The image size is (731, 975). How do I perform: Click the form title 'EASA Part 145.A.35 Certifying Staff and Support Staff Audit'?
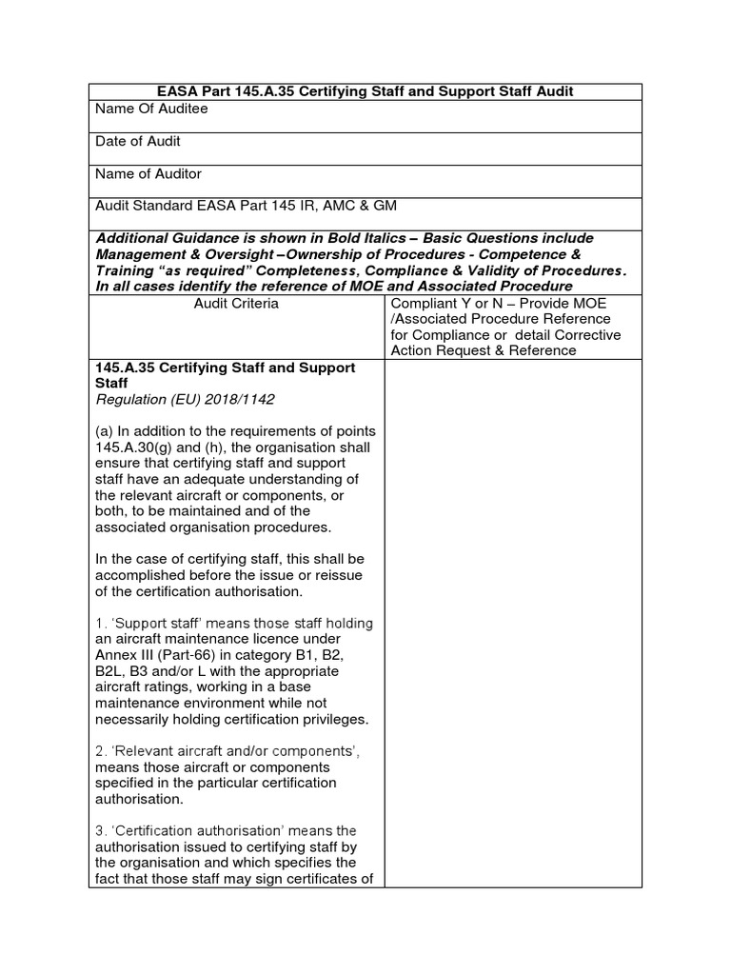click(365, 91)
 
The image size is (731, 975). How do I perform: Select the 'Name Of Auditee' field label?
click(151, 109)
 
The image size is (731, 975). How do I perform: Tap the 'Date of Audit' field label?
click(138, 142)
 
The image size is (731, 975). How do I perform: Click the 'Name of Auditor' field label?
click(148, 174)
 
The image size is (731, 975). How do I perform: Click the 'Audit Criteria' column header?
click(236, 303)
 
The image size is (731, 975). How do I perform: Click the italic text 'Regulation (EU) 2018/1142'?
click(176, 399)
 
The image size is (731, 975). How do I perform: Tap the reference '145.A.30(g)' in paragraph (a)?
click(133, 448)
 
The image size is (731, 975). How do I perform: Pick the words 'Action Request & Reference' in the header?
click(483, 350)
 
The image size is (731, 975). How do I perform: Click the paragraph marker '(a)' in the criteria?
click(105, 431)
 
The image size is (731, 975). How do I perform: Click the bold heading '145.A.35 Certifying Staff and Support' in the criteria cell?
click(225, 367)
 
